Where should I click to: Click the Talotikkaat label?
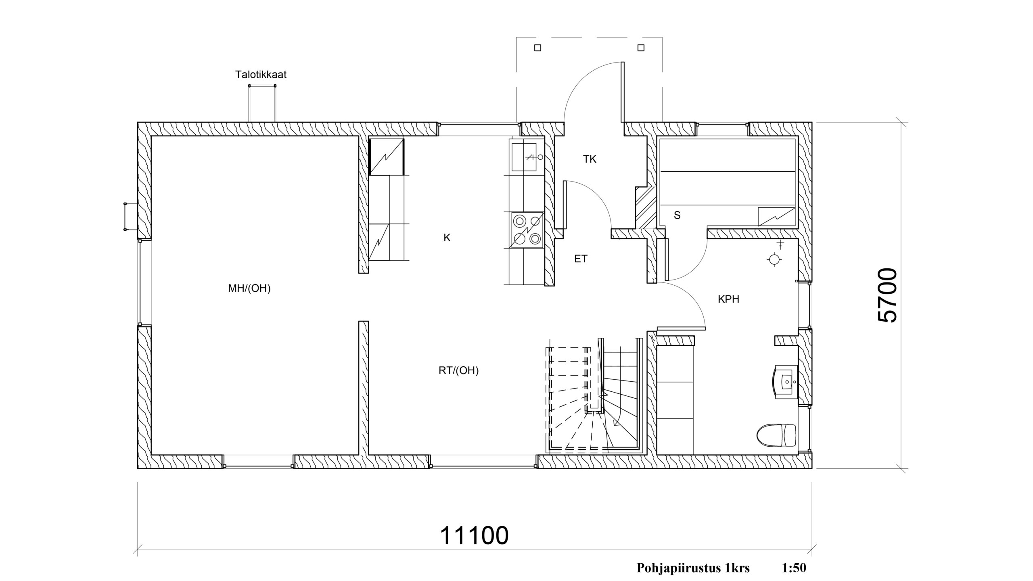[x=261, y=75]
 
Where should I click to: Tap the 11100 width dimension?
[x=474, y=536]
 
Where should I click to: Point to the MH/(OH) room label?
[x=249, y=288]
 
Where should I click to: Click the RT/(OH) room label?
[x=459, y=371]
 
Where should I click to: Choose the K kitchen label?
[x=447, y=238]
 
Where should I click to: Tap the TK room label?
[x=590, y=159]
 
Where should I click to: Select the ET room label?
[x=581, y=259]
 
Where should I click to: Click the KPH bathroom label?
[x=729, y=299]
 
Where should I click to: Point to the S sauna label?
[x=678, y=216]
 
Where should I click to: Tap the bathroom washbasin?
[x=786, y=381]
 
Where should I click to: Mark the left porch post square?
[x=537, y=48]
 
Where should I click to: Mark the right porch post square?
[x=641, y=48]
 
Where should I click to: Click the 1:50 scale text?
[x=794, y=568]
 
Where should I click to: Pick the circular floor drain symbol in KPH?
[x=774, y=260]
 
